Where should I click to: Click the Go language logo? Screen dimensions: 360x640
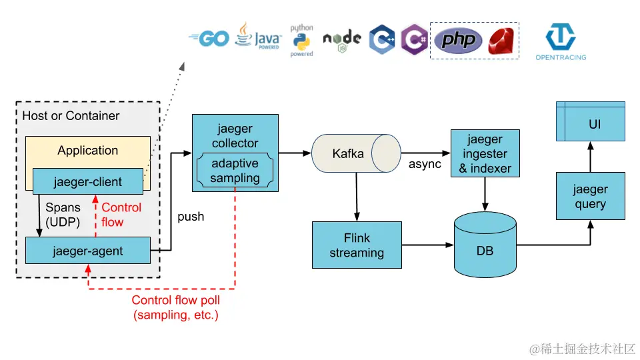click(x=209, y=39)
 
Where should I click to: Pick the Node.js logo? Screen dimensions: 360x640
click(x=342, y=40)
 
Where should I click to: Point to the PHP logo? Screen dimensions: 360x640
click(x=459, y=41)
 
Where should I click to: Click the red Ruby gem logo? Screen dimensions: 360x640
click(x=503, y=41)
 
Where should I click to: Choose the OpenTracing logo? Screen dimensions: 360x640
click(x=561, y=41)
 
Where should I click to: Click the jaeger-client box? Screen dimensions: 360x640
click(x=87, y=181)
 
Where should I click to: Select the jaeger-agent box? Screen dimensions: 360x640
click(x=87, y=251)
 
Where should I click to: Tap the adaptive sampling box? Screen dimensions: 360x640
click(x=235, y=171)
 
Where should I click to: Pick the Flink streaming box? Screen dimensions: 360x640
click(x=357, y=245)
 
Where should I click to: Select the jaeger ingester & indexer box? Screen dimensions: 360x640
click(x=485, y=154)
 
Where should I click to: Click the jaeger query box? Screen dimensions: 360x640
click(x=591, y=196)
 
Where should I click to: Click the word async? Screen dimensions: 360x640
click(x=425, y=164)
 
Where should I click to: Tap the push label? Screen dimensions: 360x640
click(x=191, y=217)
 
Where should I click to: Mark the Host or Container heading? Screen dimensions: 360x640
click(x=71, y=116)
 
